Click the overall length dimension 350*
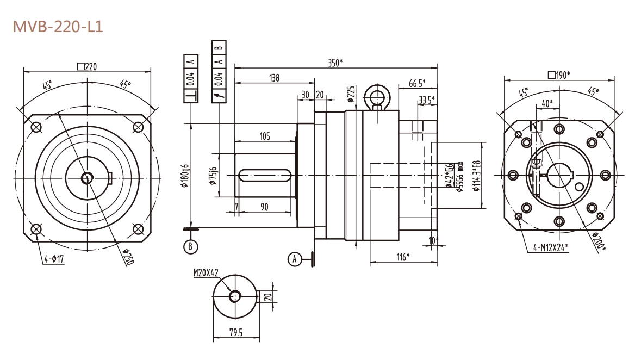(x=335, y=62)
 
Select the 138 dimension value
(x=275, y=78)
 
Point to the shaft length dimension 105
(x=265, y=136)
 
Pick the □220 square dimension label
(x=87, y=66)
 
